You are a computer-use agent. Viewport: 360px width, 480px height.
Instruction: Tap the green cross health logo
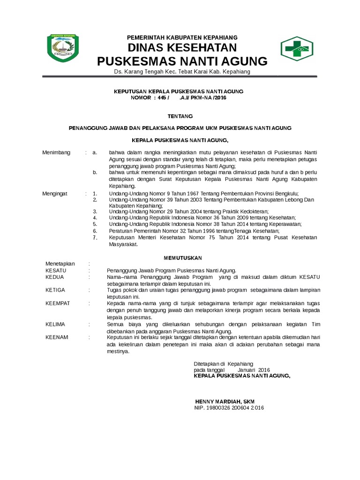297,48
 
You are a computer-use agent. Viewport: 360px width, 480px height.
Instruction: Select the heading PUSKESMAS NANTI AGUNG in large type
182,61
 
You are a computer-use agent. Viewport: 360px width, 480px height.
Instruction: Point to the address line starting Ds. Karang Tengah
183,71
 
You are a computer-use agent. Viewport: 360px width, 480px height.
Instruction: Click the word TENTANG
180,115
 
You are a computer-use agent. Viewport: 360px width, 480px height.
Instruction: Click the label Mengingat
55,194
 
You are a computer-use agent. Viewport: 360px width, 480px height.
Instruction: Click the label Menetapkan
60,264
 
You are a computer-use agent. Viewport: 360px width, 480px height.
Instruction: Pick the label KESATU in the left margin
56,270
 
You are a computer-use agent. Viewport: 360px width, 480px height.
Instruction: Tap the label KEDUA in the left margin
54,277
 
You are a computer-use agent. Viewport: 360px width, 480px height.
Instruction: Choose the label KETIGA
55,290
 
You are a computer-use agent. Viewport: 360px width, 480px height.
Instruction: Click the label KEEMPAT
58,303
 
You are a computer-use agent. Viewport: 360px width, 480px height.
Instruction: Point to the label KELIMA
55,324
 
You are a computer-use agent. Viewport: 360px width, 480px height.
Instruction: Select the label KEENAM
56,337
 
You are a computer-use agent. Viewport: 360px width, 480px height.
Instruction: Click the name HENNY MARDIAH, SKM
225,401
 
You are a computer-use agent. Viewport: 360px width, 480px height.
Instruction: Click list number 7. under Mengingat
95,238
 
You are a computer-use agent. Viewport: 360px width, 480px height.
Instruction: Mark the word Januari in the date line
247,369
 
